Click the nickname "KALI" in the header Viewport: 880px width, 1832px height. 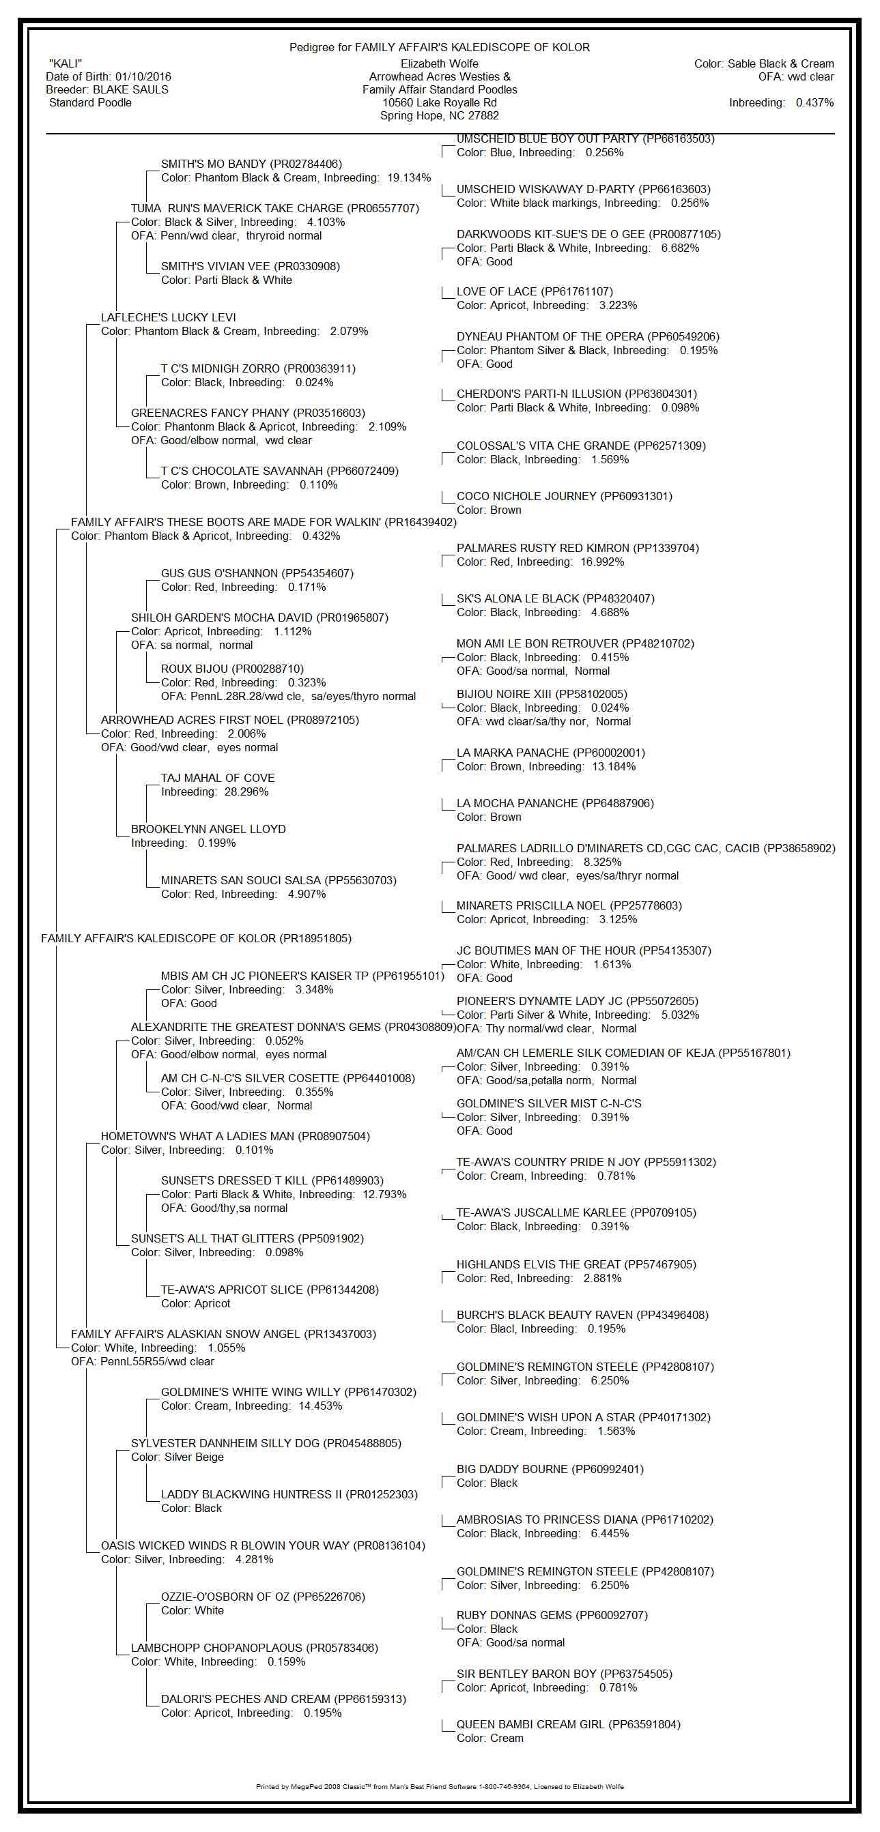(x=66, y=64)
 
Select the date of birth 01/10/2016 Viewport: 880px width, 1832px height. (x=143, y=77)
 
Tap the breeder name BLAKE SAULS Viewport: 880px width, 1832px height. (x=131, y=89)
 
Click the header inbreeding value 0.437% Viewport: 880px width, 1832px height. (x=814, y=102)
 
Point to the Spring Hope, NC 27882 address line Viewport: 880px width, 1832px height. (x=439, y=116)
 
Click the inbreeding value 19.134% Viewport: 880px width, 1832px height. (x=409, y=178)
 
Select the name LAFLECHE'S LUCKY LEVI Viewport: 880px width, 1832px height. (x=169, y=318)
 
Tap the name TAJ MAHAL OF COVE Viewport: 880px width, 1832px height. (x=218, y=778)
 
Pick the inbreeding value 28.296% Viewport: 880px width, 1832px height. (x=246, y=792)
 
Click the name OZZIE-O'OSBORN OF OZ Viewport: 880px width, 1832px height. (x=225, y=1597)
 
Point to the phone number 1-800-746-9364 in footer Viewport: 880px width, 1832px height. (x=505, y=1786)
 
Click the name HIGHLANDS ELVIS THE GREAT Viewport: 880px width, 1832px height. (x=538, y=1264)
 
